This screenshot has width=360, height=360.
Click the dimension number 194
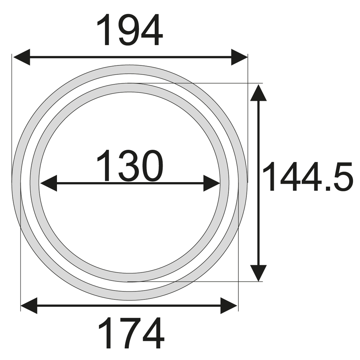click(x=130, y=30)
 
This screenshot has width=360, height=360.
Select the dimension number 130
click(x=130, y=166)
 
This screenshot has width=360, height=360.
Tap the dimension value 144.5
click(x=308, y=176)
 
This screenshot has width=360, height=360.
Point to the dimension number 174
click(x=131, y=333)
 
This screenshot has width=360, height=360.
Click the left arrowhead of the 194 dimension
click(x=21, y=57)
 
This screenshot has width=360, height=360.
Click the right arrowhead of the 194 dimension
click(x=239, y=57)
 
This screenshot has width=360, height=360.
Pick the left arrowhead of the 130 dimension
click(x=49, y=183)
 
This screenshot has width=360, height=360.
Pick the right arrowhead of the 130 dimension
click(x=212, y=183)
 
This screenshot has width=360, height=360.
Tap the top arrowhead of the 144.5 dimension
click(x=258, y=93)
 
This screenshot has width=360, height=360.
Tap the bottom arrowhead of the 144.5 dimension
click(x=258, y=273)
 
